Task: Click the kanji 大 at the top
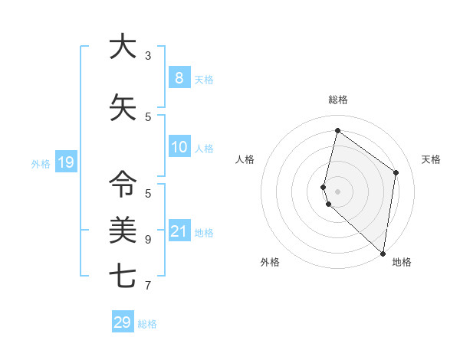click(x=123, y=47)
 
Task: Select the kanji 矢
click(x=123, y=108)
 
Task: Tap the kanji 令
click(x=123, y=185)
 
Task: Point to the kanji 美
click(x=123, y=229)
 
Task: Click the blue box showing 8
click(x=179, y=77)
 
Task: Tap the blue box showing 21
click(x=179, y=231)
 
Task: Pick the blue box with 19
click(x=65, y=162)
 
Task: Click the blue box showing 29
click(x=123, y=322)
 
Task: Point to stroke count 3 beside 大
click(x=148, y=56)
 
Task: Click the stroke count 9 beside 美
click(x=148, y=240)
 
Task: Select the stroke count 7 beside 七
click(x=148, y=286)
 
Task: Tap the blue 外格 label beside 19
click(x=40, y=163)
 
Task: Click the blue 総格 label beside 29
click(x=147, y=324)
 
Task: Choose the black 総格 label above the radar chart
click(x=337, y=100)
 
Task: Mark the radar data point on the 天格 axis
click(x=396, y=172)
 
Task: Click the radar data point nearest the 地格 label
click(x=383, y=254)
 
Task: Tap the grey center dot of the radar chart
click(x=337, y=191)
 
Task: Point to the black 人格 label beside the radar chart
click(x=245, y=159)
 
